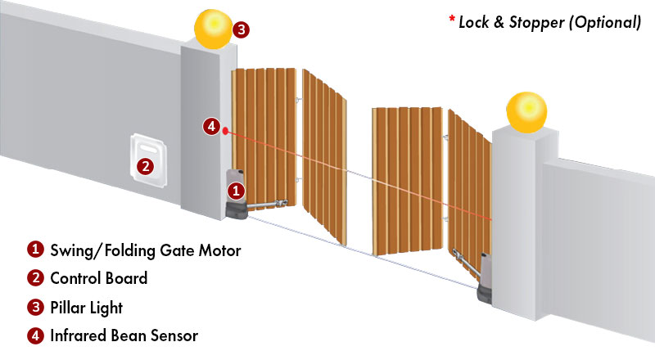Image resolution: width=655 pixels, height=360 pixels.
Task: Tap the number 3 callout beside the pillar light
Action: (241, 29)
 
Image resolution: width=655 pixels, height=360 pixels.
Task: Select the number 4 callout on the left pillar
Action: (212, 127)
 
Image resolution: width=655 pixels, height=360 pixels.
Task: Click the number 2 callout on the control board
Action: (145, 166)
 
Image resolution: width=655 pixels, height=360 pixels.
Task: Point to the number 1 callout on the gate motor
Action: (236, 191)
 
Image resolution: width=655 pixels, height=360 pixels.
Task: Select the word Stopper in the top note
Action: (532, 23)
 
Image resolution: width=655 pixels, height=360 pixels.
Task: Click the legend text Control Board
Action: (98, 279)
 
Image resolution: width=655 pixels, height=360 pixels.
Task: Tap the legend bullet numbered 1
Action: (35, 250)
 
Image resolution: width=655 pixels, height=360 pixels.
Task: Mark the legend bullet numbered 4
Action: (35, 335)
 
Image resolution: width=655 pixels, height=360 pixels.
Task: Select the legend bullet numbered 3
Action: (35, 307)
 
